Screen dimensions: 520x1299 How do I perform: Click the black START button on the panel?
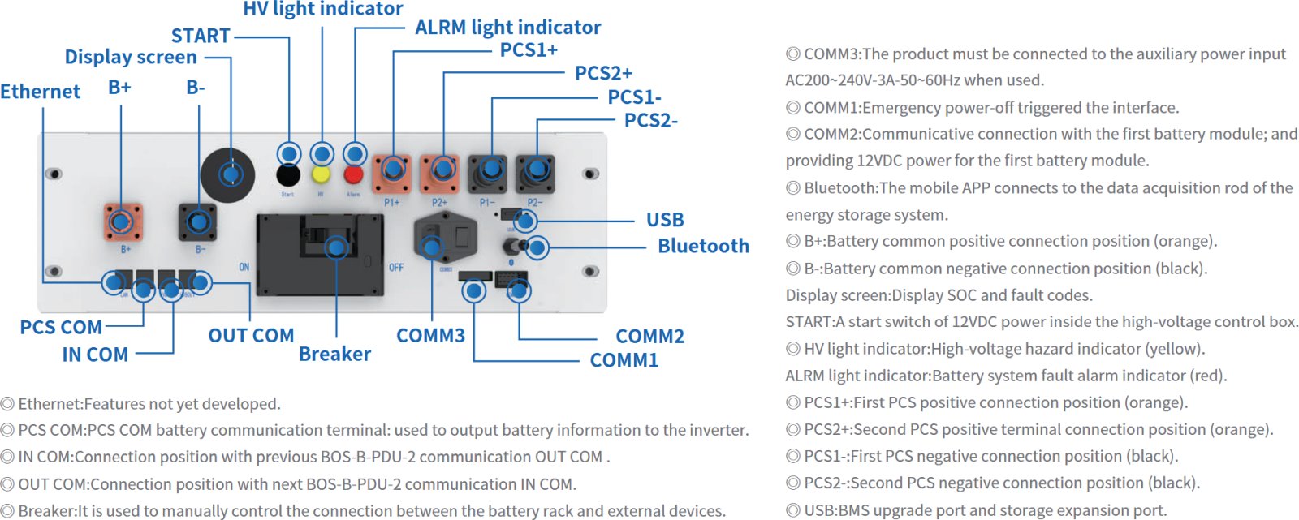[x=288, y=174]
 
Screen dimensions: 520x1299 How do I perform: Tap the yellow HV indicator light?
[x=322, y=174]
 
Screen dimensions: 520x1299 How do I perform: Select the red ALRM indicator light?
[x=354, y=174]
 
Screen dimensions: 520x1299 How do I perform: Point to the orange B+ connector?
[x=123, y=222]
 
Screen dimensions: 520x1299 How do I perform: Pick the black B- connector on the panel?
[x=197, y=222]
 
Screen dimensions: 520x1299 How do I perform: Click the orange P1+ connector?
[x=392, y=173]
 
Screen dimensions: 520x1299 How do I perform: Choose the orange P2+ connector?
[x=441, y=173]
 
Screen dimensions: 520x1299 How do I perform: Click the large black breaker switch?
[x=320, y=253]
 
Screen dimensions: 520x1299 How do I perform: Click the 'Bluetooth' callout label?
[x=703, y=246]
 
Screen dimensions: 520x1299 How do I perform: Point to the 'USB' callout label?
[x=665, y=220]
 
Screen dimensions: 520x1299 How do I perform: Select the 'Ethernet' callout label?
[x=40, y=92]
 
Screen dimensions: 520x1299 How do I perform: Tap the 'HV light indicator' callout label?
[x=322, y=9]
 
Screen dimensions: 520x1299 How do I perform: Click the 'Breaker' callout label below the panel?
[x=334, y=354]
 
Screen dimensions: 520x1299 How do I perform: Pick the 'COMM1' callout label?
[x=624, y=360]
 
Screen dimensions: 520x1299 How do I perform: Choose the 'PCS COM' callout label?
[x=61, y=328]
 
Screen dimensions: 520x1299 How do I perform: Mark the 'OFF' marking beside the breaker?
[x=396, y=268]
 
